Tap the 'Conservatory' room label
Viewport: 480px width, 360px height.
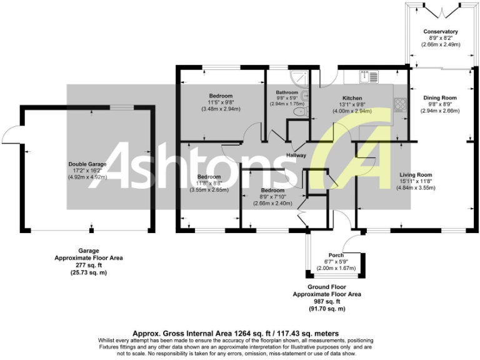point(440,31)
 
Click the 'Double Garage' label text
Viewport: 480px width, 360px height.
point(87,164)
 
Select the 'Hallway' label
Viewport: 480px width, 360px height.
point(296,156)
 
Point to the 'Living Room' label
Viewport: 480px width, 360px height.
point(416,175)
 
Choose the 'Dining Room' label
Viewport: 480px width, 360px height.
point(440,97)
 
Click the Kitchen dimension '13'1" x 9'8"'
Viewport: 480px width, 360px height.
point(352,104)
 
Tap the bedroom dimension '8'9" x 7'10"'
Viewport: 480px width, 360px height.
point(272,196)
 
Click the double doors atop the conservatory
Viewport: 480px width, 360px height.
point(440,12)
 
